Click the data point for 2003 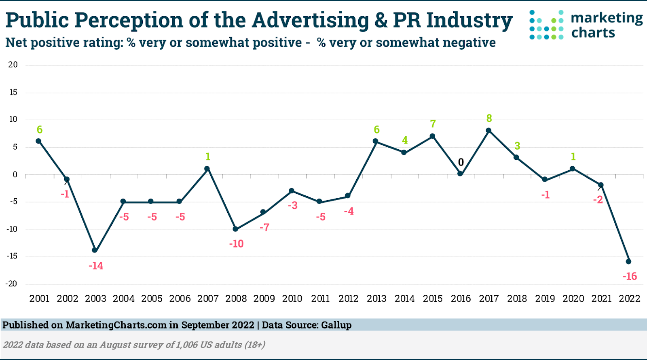coord(95,250)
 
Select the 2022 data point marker coord(628,261)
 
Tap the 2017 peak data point coord(488,131)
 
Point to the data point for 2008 coord(235,229)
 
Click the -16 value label coord(630,276)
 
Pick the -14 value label coord(96,266)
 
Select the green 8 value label coord(489,118)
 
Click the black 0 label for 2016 coord(461,162)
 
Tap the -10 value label coord(236,244)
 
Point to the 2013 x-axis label coord(376,299)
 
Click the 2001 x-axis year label coord(39,299)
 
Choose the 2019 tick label coord(545,299)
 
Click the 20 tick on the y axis coord(13,65)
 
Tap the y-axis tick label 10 coord(13,119)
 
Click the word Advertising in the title coord(310,20)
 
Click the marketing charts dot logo coord(546,25)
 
